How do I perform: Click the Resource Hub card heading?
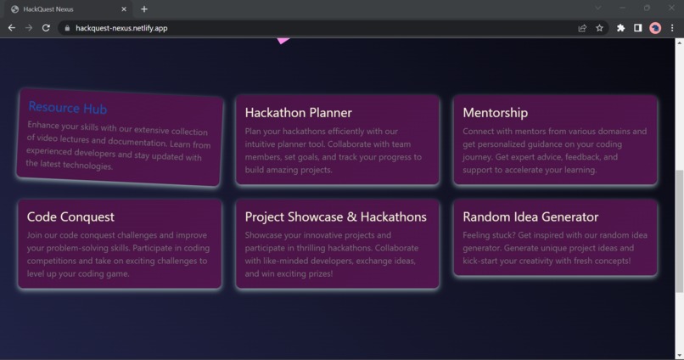[68, 108]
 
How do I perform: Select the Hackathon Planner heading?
[298, 112]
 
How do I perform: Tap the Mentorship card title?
[495, 112]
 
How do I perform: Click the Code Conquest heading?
[70, 217]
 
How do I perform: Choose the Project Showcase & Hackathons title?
[335, 217]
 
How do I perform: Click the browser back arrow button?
[12, 28]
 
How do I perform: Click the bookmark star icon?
[600, 28]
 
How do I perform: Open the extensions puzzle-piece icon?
[620, 28]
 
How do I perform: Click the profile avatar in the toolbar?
[655, 28]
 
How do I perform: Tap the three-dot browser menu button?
[672, 28]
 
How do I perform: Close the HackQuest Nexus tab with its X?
[124, 9]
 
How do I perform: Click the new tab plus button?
[144, 9]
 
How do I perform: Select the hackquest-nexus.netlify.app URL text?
[121, 28]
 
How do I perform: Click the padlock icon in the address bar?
[66, 28]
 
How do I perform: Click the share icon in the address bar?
[582, 28]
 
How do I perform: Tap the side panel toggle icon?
[638, 28]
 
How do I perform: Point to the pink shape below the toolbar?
[283, 39]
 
